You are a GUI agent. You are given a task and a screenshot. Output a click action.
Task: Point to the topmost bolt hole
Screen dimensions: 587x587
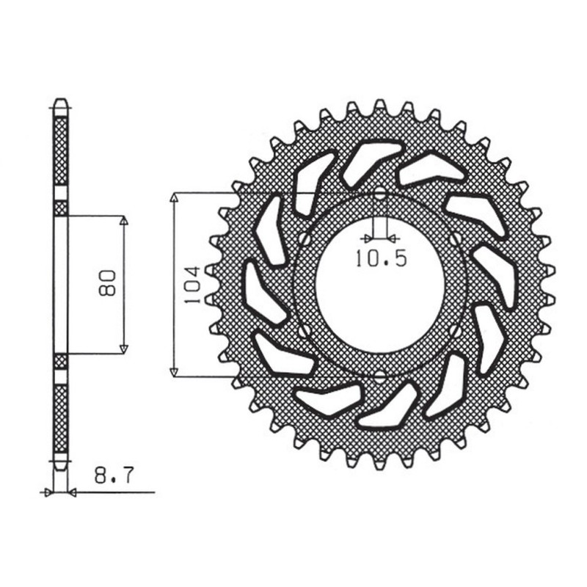pos(379,195)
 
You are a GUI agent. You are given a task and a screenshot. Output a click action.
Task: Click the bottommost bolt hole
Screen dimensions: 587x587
pos(379,377)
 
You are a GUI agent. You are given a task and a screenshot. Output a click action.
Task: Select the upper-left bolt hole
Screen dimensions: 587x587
pos(302,239)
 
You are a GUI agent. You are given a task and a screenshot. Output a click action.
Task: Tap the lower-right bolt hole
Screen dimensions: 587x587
pos(457,332)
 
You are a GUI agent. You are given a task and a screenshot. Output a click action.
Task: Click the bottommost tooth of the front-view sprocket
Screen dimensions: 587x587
pos(379,464)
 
